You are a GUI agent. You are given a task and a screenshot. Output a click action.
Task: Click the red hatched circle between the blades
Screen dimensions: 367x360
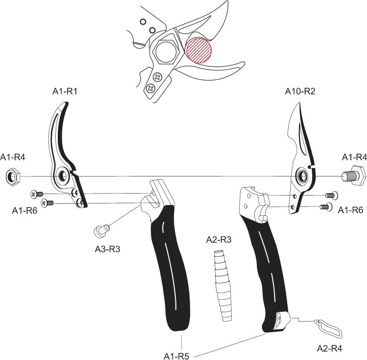point(199,50)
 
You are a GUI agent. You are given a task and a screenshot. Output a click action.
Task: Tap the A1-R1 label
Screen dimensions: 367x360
point(65,91)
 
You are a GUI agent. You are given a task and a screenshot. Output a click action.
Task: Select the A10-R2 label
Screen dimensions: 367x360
point(300,91)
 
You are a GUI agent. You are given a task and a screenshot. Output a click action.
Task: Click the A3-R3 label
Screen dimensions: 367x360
point(108,249)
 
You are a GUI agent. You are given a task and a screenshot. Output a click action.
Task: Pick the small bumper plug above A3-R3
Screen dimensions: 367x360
point(102,230)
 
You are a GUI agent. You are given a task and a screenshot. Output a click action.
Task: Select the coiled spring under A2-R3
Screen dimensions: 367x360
point(223,286)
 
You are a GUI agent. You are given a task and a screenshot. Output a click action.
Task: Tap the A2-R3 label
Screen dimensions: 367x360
point(219,240)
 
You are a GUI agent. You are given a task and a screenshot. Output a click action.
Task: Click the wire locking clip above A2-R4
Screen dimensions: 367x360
point(328,329)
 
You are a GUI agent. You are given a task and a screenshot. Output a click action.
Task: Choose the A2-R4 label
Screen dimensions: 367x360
point(329,348)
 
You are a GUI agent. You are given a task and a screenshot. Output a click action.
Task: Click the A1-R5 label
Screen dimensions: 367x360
point(176,356)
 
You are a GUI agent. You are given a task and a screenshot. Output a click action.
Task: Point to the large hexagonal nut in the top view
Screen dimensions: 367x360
point(166,52)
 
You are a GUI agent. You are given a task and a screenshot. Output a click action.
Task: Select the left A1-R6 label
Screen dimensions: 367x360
point(25,211)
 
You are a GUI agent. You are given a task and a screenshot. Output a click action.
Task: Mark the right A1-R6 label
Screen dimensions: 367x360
point(350,210)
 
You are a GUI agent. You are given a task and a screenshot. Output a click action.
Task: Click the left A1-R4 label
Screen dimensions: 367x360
point(13,157)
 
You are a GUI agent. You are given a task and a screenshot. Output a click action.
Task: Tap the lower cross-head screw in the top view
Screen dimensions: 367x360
point(150,88)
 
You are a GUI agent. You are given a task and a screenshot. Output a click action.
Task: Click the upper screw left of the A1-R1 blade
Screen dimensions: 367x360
point(37,194)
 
